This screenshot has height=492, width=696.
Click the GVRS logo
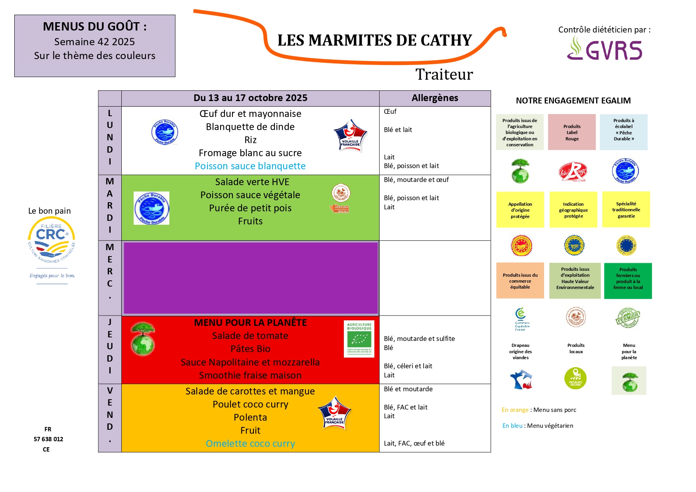tap(604, 49)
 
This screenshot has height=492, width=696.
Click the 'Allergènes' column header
tap(435, 98)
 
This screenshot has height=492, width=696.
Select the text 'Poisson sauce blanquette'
tap(250, 166)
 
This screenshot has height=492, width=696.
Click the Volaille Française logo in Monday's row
tap(350, 135)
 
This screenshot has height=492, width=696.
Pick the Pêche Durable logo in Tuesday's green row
tap(151, 208)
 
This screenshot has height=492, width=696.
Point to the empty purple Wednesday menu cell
tap(251, 278)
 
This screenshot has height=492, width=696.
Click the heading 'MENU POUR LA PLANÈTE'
tap(250, 323)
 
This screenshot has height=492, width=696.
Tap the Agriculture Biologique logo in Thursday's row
tap(359, 339)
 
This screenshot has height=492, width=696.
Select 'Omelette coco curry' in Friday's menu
tap(250, 444)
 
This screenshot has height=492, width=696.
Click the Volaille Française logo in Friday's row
tap(334, 413)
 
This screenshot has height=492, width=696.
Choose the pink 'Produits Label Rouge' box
tap(572, 132)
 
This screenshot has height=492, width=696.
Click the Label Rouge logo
tap(572, 172)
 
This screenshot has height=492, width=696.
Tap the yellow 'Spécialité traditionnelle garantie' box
tap(626, 210)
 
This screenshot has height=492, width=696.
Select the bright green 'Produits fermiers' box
tap(628, 281)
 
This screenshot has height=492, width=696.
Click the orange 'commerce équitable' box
tap(520, 281)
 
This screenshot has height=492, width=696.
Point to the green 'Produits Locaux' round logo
tap(575, 378)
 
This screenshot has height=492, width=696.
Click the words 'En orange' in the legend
tap(515, 410)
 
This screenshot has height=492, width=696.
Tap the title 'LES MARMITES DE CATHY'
tap(374, 40)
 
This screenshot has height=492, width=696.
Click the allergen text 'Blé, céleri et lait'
tap(408, 366)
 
